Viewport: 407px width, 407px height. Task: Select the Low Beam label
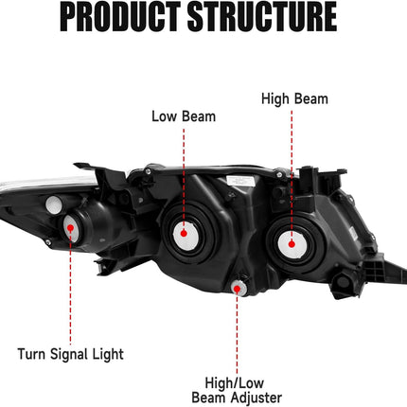coord(184,116)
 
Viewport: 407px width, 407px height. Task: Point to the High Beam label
coord(294,97)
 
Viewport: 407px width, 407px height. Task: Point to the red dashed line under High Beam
coord(292,161)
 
